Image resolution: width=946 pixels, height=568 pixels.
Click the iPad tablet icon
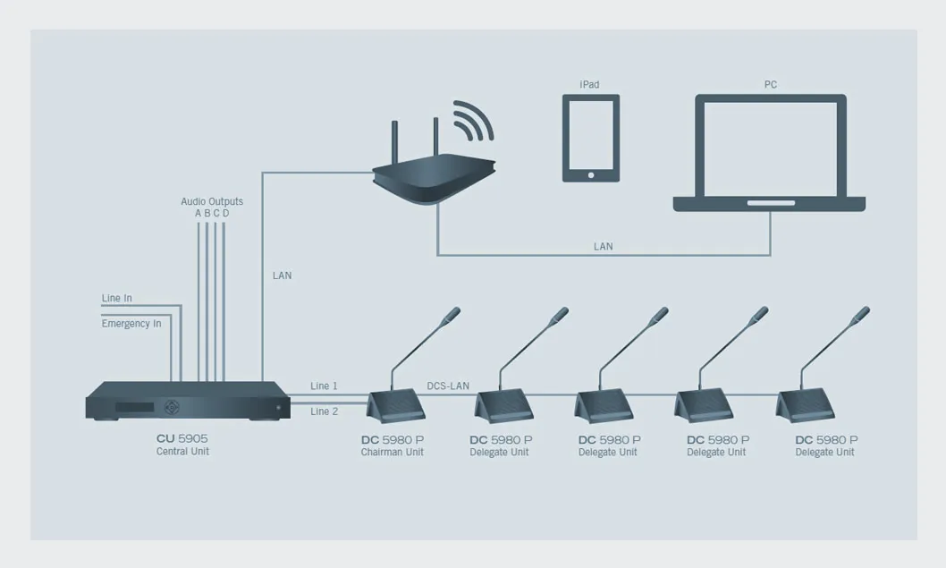point(591,138)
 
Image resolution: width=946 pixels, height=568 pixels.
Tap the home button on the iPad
point(591,175)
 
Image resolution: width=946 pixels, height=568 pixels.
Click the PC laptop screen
point(771,148)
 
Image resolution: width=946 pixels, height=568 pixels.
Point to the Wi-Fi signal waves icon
point(474,121)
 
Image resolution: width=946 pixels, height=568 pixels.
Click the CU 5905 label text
point(182,439)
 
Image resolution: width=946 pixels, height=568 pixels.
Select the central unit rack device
point(187,401)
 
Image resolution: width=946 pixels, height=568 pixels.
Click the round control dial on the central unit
point(172,407)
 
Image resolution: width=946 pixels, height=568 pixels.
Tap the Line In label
point(116,298)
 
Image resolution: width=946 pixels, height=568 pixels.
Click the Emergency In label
point(131,324)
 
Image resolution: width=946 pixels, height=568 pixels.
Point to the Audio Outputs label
point(212,201)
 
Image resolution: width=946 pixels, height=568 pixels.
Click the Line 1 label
point(324,386)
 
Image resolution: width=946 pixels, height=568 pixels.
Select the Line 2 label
point(324,411)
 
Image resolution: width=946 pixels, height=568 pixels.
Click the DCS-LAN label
point(448,386)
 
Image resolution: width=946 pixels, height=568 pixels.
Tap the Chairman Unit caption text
point(393,452)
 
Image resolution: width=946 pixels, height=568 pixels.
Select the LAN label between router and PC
point(604,246)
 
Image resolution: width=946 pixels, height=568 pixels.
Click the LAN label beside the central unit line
point(282,276)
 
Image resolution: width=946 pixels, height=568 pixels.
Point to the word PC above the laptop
point(771,84)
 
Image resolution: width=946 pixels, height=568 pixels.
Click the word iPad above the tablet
point(589,84)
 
